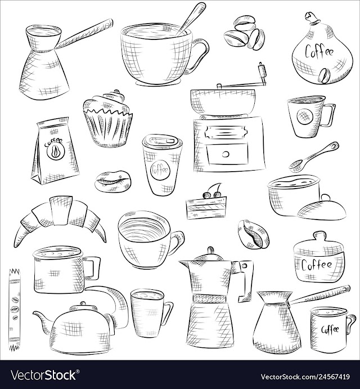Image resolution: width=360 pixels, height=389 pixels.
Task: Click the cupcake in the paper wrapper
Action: pyautogui.click(x=107, y=119)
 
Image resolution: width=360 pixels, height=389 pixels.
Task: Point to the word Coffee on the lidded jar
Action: pyautogui.click(x=317, y=265)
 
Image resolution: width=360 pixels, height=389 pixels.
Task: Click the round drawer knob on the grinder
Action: pyautogui.click(x=226, y=154)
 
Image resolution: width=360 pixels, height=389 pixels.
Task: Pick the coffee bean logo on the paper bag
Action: pyautogui.click(x=55, y=151)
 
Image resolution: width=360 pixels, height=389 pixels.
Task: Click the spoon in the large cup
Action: pyautogui.click(x=191, y=19)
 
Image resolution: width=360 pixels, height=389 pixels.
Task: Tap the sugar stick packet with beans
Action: pyautogui.click(x=14, y=310)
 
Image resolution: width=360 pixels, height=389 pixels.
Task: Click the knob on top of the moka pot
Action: pyautogui.click(x=211, y=250)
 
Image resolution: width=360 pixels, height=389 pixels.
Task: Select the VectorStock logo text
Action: pyautogui.click(x=43, y=374)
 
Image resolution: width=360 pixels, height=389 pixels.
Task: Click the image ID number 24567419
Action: pyautogui.click(x=328, y=377)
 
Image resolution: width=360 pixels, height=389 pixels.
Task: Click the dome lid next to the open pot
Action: pyautogui.click(x=322, y=208)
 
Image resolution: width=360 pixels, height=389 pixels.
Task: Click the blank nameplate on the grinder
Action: pyautogui.click(x=226, y=132)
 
